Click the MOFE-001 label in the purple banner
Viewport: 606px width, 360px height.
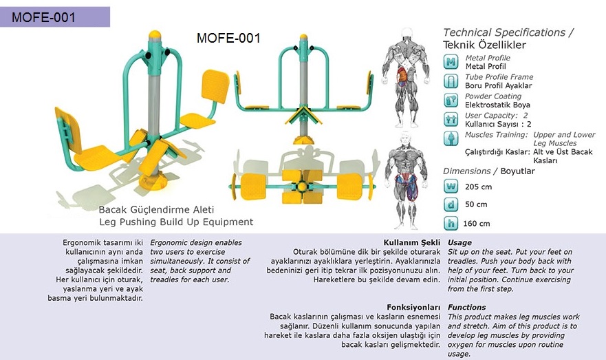click(43, 17)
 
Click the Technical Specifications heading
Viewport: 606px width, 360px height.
click(508, 32)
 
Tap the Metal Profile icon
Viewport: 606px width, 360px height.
click(451, 62)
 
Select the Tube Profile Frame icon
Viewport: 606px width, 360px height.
click(451, 81)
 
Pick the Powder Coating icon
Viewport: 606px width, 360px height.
click(451, 100)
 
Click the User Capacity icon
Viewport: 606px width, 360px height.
click(451, 119)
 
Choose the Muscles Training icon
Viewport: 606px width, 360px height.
click(451, 138)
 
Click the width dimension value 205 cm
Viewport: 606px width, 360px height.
click(478, 187)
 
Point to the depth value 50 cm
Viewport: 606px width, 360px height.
click(476, 204)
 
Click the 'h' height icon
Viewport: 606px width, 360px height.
click(451, 223)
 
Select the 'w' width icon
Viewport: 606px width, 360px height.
click(451, 186)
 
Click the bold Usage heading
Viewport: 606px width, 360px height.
click(459, 243)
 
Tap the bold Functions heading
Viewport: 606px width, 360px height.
click(466, 307)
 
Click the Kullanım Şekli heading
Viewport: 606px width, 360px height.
click(411, 243)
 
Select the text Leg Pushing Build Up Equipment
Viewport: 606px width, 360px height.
click(176, 222)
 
